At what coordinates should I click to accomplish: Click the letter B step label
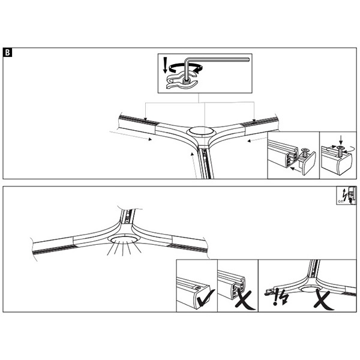click(7, 53)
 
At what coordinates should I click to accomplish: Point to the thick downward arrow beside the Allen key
click(165, 65)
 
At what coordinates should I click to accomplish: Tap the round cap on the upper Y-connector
click(201, 131)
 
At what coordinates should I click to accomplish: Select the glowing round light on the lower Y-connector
click(124, 239)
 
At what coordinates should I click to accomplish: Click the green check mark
click(205, 298)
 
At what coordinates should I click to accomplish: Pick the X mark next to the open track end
click(245, 300)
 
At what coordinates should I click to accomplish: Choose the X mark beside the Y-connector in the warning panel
click(323, 300)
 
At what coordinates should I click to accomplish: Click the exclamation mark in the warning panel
click(275, 296)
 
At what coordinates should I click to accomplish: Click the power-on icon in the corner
click(347, 195)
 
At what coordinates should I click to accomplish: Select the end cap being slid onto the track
click(307, 162)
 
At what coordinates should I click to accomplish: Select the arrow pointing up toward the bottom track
click(193, 165)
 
